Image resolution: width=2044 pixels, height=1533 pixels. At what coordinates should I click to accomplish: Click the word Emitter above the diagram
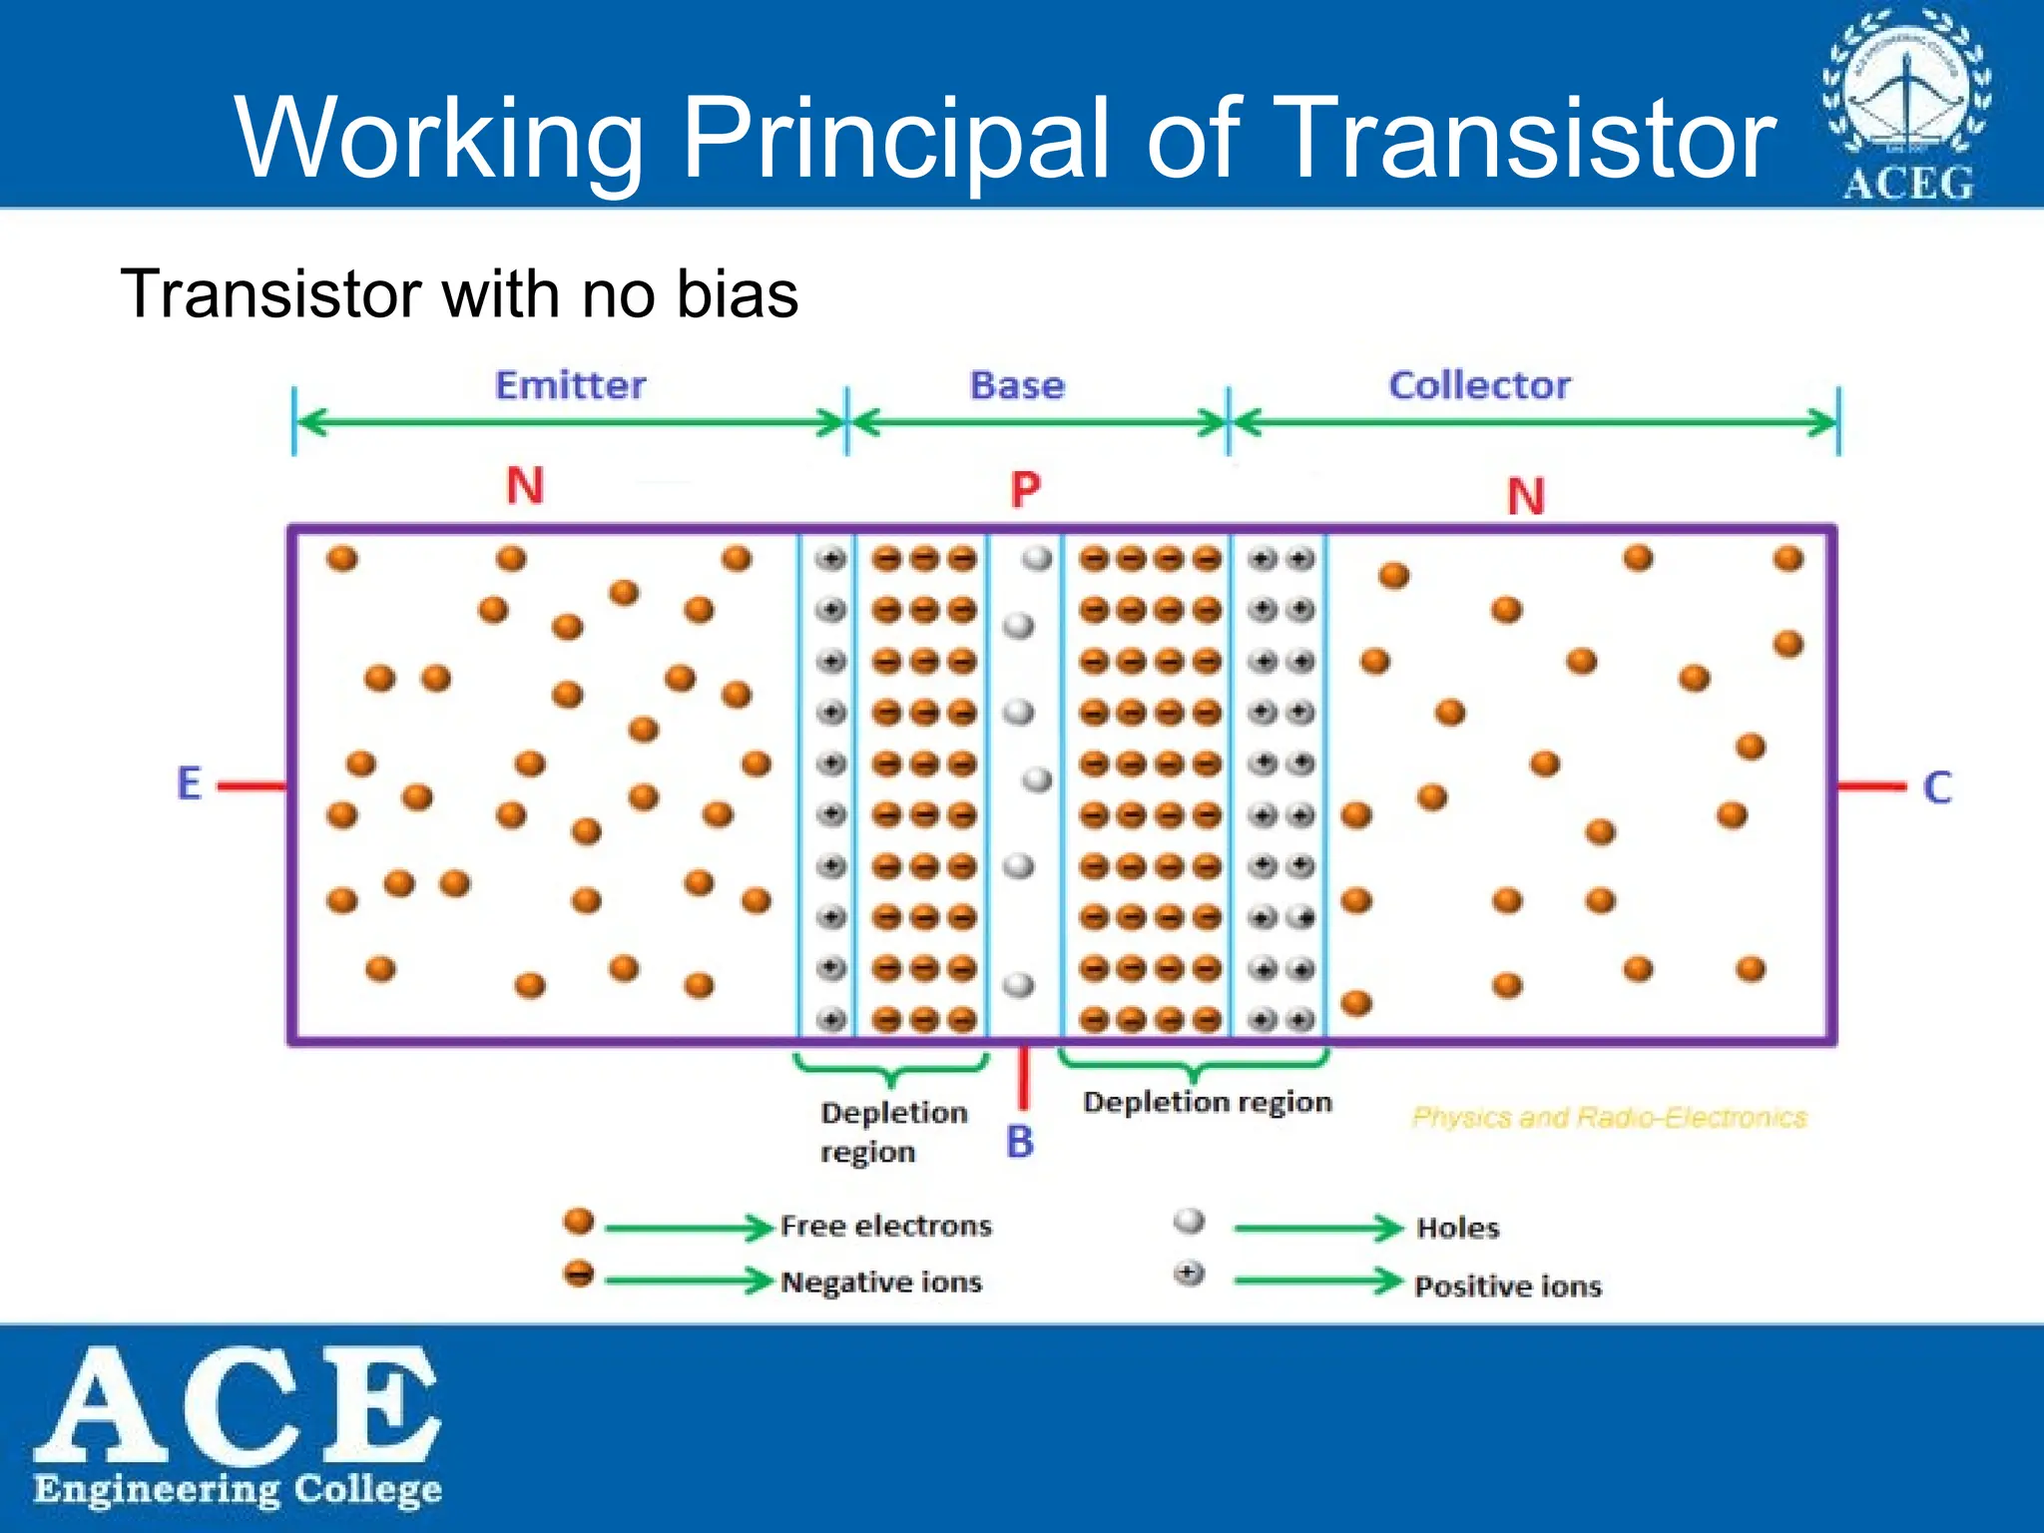tap(570, 385)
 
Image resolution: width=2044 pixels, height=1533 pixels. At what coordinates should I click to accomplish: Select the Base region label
tap(1017, 385)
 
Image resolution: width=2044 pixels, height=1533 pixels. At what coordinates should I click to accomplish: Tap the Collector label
tap(1479, 385)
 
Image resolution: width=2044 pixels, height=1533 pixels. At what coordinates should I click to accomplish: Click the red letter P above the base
tap(1025, 490)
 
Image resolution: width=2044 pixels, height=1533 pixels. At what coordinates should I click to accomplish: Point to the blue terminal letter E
tap(190, 783)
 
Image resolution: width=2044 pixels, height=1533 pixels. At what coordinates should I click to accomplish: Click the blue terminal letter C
tap(1936, 787)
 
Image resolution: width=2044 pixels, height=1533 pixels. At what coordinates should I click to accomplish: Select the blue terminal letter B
tap(1019, 1142)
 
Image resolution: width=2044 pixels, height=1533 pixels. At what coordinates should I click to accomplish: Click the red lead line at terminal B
tap(1023, 1078)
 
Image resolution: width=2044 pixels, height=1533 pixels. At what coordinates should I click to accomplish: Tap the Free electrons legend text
tap(885, 1226)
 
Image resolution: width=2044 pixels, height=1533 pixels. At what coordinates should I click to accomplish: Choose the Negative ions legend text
tap(880, 1281)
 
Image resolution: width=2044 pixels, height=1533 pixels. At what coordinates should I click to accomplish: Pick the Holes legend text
tap(1457, 1228)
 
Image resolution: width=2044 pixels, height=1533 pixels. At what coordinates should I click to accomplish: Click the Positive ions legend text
tap(1507, 1285)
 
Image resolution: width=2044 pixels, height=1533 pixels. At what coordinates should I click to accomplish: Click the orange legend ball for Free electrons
tap(579, 1221)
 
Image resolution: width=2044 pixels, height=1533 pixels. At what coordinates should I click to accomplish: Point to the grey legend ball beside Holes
tap(1189, 1221)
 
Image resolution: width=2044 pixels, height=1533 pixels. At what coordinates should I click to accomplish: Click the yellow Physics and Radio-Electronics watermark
tap(1609, 1117)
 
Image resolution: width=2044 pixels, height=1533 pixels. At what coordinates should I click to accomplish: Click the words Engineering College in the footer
tap(238, 1489)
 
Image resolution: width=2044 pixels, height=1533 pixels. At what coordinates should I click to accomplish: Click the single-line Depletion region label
tap(1207, 1102)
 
